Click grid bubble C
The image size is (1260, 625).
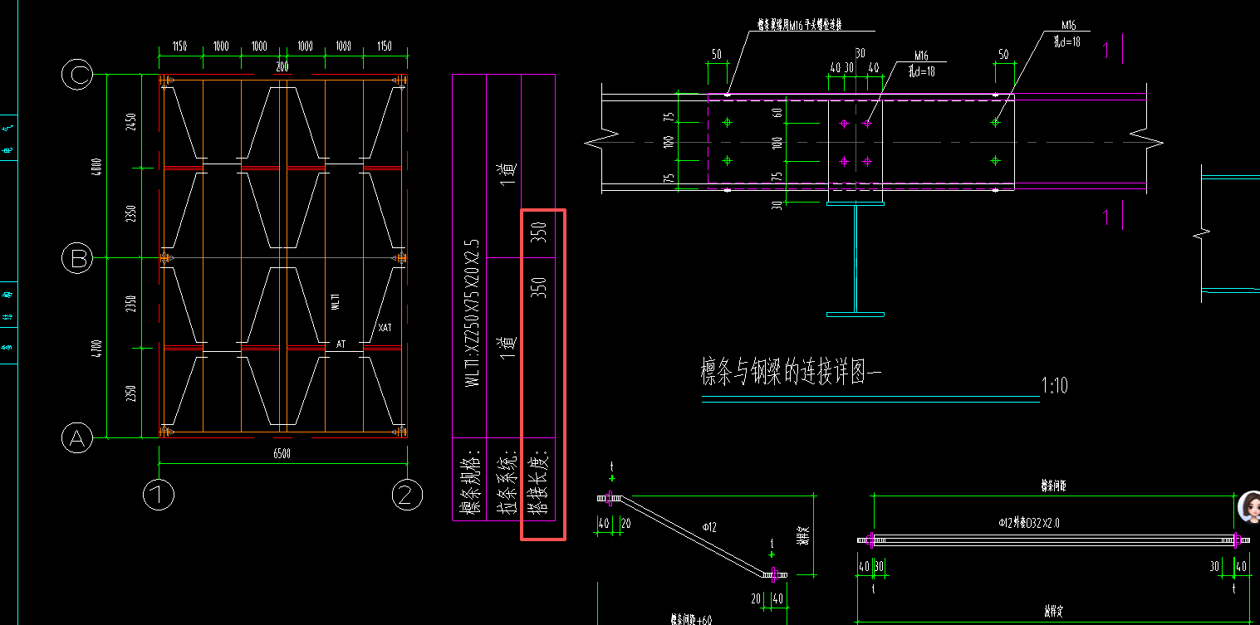click(77, 76)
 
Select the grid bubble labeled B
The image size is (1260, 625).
click(77, 259)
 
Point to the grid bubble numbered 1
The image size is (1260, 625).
click(158, 496)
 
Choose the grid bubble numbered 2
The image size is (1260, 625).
click(405, 496)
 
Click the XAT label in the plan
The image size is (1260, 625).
click(385, 328)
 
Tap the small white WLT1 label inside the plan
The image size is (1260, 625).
click(336, 302)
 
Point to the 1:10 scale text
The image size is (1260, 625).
click(1054, 386)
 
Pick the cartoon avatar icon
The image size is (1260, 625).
click(1248, 507)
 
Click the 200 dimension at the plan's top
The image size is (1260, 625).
click(282, 67)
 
